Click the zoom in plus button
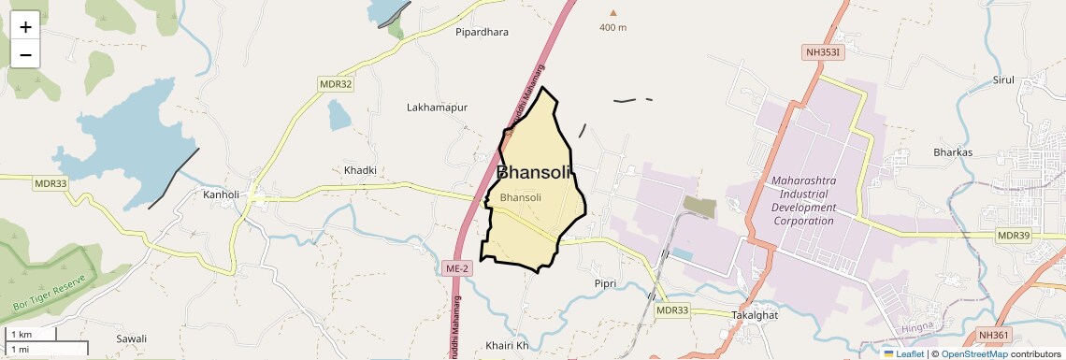25,28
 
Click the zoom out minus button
25,54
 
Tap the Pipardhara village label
482,32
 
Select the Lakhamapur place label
437,108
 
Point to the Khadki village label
360,170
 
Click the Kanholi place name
222,194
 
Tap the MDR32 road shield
336,84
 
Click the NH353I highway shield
823,52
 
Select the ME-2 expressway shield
455,268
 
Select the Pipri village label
606,282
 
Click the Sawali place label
132,338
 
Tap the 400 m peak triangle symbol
613,13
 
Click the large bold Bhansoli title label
533,172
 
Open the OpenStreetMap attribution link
973,353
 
